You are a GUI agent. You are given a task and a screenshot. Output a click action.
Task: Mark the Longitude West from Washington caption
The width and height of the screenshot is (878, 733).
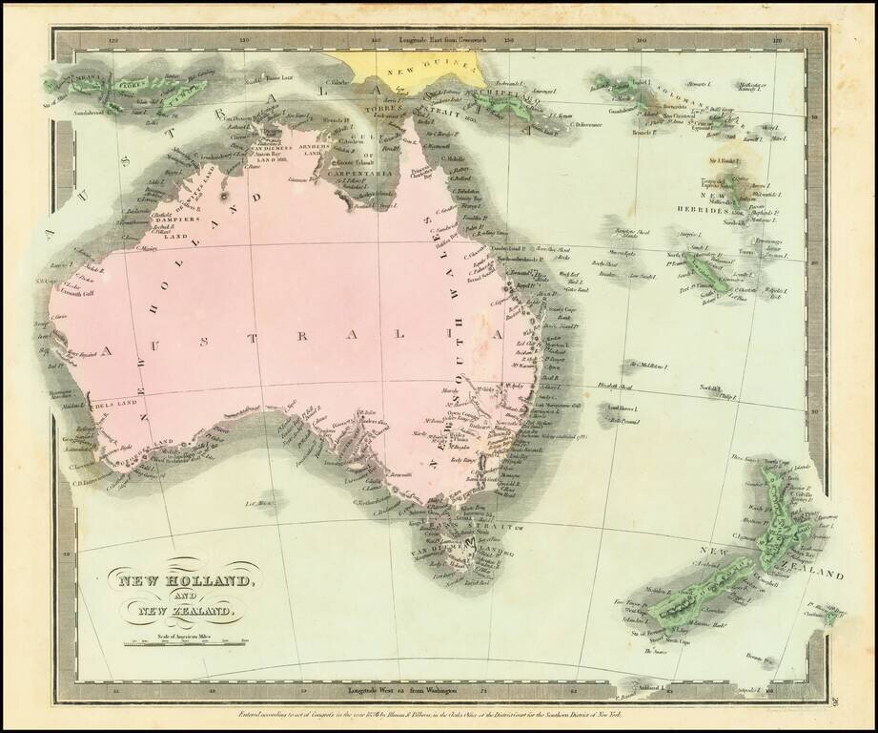click(410, 688)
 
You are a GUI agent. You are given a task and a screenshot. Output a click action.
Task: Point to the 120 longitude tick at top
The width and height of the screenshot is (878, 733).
click(114, 41)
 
